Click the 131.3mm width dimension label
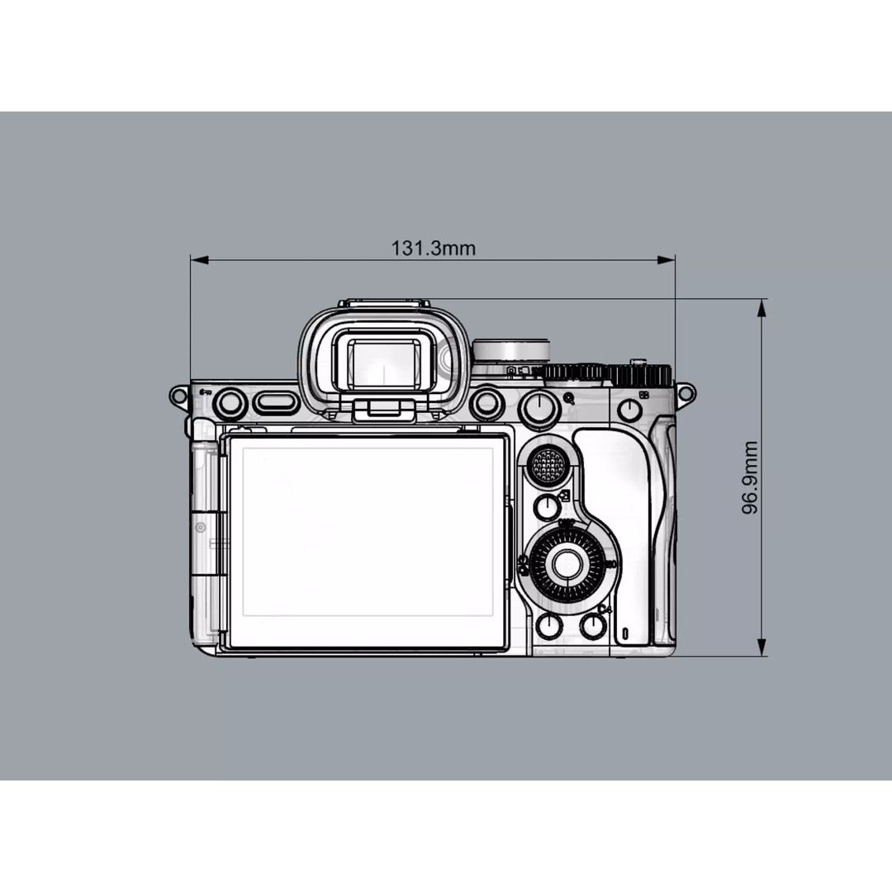[433, 248]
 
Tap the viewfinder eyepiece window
[382, 364]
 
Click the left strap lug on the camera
[178, 395]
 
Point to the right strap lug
[686, 393]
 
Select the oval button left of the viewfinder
[274, 403]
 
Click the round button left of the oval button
[230, 403]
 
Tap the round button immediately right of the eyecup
[486, 403]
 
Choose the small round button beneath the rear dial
[629, 409]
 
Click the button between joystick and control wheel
[547, 507]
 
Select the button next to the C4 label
[593, 625]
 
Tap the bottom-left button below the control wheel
[549, 625]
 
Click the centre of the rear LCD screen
[368, 541]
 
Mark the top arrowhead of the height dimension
[762, 308]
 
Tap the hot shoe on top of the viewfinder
[385, 304]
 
